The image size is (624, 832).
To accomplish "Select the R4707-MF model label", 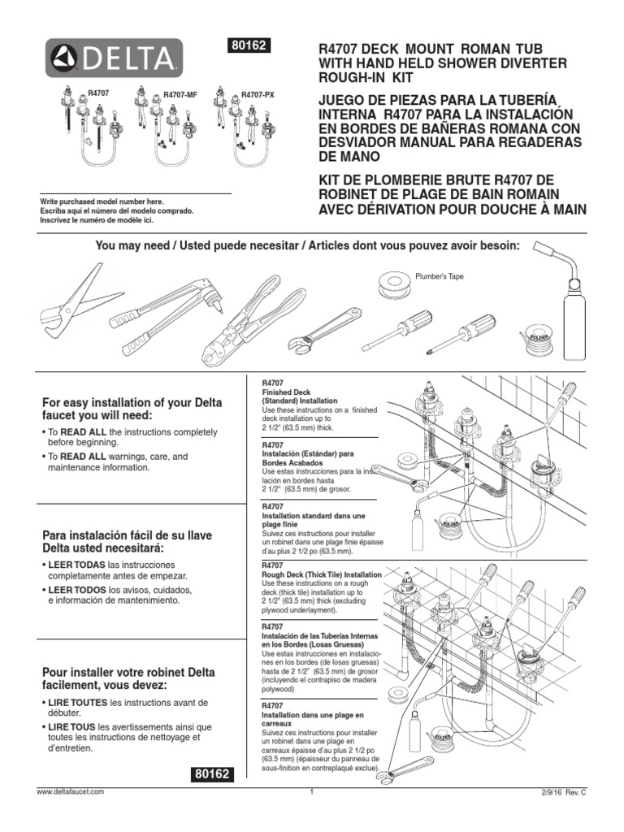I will (x=180, y=95).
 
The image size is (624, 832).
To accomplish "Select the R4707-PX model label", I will (x=258, y=95).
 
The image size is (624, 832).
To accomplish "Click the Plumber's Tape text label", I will (x=440, y=276).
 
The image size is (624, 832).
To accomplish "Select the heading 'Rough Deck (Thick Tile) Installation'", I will (x=320, y=574).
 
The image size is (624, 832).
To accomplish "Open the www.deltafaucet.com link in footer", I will (x=70, y=791).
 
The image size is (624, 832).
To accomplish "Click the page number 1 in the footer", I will (x=312, y=791).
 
